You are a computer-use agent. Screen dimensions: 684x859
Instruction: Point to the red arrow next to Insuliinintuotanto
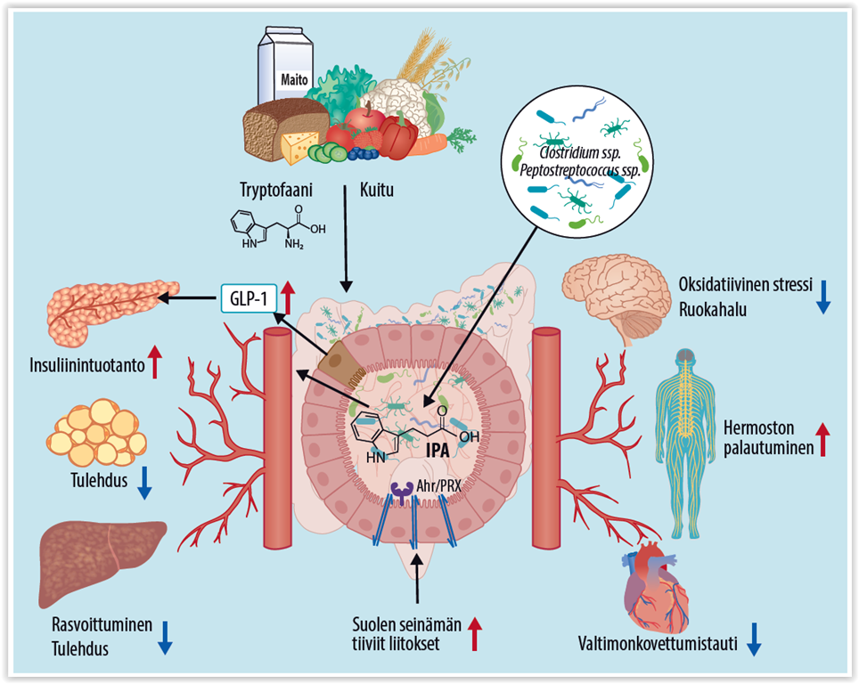tap(154, 362)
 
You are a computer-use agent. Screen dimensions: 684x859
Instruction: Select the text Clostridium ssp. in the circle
tap(574, 153)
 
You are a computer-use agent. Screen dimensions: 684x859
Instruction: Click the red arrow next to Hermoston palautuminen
tap(822, 439)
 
